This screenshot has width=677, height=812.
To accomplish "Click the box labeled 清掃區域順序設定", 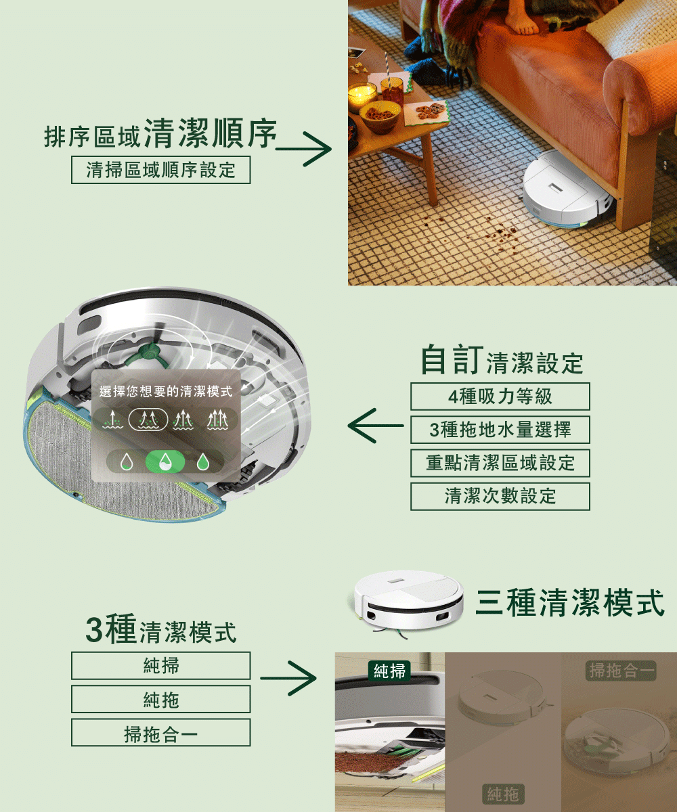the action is [x=160, y=170].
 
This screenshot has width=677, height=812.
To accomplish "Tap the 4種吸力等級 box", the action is [x=500, y=397].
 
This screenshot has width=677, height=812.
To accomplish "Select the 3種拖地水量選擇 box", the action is [x=500, y=430].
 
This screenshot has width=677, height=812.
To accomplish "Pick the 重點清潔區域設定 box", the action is [x=500, y=463].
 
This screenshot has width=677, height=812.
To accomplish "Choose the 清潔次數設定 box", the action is [x=500, y=496].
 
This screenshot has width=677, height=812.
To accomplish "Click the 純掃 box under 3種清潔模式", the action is [x=160, y=666].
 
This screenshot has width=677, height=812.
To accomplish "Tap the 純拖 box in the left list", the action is [x=160, y=699].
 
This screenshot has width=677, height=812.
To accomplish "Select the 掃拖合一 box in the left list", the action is [x=160, y=733].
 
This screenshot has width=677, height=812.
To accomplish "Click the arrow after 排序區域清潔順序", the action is [x=303, y=149].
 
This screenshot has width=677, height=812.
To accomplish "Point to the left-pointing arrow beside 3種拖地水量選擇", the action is [x=376, y=426].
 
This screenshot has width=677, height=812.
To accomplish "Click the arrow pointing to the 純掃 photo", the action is [x=288, y=679].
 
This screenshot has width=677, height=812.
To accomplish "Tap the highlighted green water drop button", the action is [x=165, y=461].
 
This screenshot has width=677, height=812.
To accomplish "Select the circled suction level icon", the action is [x=148, y=420].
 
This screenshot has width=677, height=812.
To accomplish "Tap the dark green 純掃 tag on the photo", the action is [x=389, y=671].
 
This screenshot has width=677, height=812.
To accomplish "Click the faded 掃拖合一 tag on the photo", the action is [x=621, y=671].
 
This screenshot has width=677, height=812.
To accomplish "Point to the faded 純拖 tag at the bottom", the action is [x=503, y=793].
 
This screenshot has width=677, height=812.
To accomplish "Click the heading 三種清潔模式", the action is [x=570, y=603].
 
